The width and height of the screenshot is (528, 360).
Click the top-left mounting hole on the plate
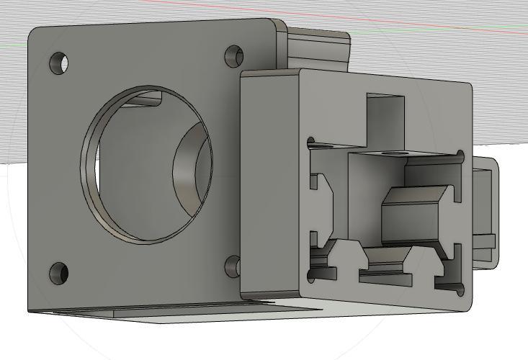coord(59,63)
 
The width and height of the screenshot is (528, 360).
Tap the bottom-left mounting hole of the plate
coord(58,273)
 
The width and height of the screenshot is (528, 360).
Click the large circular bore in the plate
coord(148,164)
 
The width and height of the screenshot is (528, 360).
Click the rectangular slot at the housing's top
coord(385,115)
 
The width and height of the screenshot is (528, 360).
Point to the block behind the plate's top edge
coord(317,48)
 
